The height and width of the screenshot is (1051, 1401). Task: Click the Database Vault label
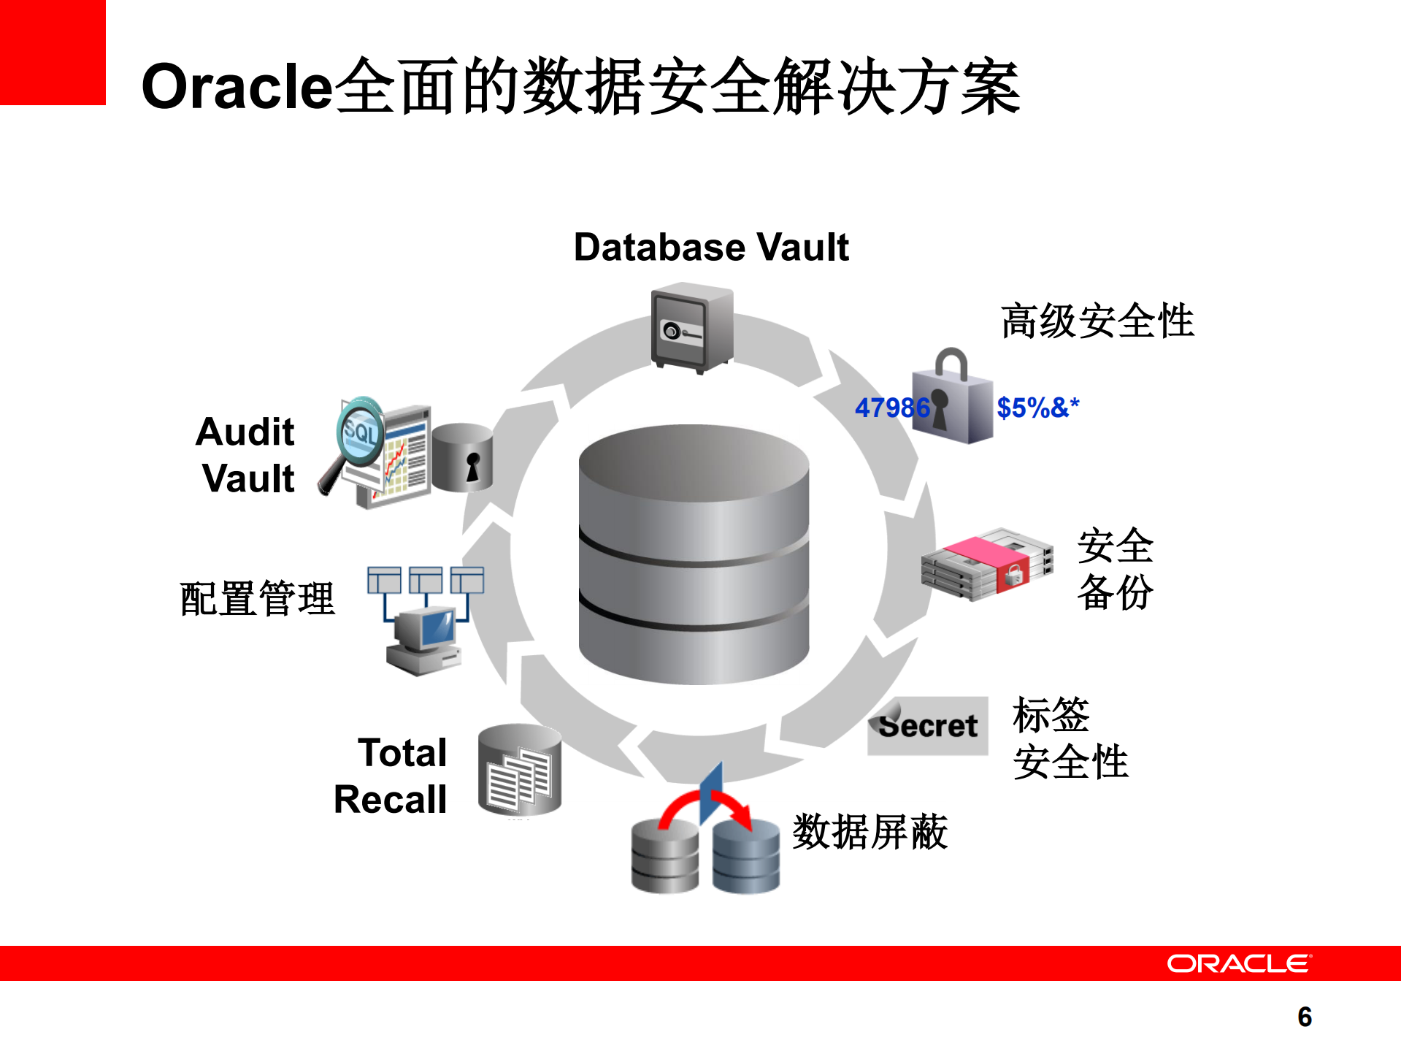[x=711, y=247]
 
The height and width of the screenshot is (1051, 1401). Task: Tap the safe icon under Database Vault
[x=691, y=328]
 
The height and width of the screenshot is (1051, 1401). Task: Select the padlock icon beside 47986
[x=953, y=400]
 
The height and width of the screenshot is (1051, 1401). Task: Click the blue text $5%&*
[x=1037, y=408]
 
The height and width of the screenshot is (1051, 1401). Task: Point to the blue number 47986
[x=891, y=408]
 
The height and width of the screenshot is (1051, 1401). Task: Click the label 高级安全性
[x=1097, y=321]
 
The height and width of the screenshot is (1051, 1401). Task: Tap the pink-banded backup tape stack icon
[x=986, y=564]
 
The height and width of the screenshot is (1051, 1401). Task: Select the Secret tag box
[x=928, y=725]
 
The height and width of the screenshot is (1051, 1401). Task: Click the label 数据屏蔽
[x=870, y=831]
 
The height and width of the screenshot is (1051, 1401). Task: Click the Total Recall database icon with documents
[x=520, y=770]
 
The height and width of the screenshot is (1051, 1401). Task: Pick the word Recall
[x=391, y=799]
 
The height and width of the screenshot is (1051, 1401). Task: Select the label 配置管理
[x=257, y=599]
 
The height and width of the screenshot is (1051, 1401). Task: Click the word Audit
[x=245, y=432]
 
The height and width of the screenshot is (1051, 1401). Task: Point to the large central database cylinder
[x=694, y=555]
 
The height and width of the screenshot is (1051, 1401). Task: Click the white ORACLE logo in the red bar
[x=1238, y=963]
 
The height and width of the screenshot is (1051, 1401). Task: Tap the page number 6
[x=1305, y=1017]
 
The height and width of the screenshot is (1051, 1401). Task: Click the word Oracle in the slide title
[x=237, y=87]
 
